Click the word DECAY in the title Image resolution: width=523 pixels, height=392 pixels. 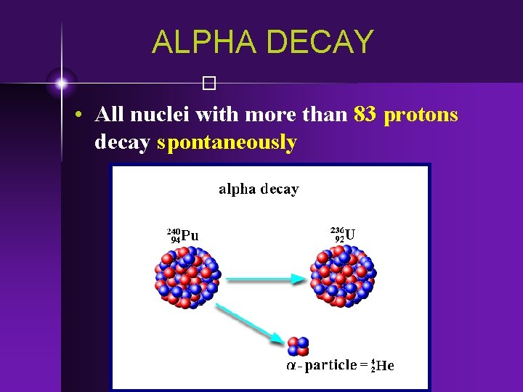tap(320, 42)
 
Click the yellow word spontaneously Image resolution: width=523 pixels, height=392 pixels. tap(227, 142)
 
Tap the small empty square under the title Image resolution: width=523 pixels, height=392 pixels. tap(210, 83)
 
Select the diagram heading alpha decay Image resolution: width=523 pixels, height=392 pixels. tap(259, 189)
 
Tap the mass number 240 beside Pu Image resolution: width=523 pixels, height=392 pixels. tap(174, 230)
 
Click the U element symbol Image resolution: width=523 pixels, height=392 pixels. tap(351, 234)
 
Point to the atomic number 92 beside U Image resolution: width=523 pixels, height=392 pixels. tap(339, 238)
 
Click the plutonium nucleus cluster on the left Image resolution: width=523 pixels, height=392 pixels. tap(186, 277)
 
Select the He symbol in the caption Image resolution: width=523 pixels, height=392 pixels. tap(385, 367)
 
